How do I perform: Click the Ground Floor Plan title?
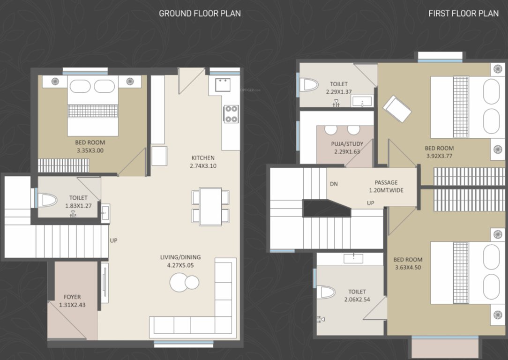200,13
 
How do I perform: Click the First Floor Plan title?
463,13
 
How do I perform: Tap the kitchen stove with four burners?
231,113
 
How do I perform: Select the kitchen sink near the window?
222,85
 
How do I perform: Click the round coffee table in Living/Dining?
184,282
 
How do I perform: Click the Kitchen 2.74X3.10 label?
203,162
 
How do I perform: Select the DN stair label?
334,184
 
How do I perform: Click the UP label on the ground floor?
113,240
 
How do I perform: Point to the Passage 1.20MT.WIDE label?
386,187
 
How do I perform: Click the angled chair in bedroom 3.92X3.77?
397,108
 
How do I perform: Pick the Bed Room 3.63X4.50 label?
407,263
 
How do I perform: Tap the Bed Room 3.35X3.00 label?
90,147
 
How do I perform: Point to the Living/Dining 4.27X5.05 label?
180,261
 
